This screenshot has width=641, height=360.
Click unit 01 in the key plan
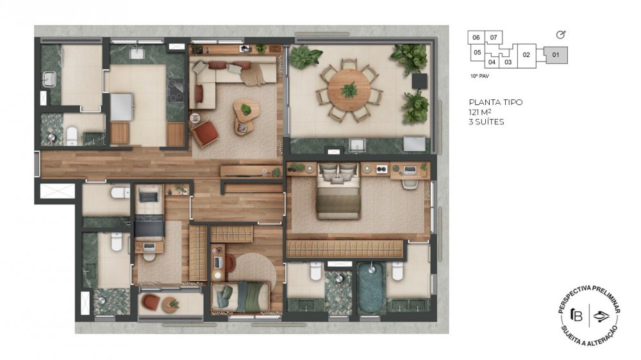point(556,54)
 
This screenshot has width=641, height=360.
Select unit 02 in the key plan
point(526,55)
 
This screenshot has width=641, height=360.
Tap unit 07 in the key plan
point(494,38)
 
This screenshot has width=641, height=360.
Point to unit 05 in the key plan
point(477,53)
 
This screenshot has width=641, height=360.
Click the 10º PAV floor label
point(479,76)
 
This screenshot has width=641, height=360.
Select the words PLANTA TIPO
point(495,102)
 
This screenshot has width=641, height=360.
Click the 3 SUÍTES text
point(487,122)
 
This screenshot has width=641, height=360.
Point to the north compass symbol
point(561,35)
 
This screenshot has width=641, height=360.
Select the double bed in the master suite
point(338,190)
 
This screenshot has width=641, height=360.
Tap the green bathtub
point(370,288)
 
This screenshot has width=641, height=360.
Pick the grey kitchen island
point(121,107)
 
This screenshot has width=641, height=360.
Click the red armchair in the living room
point(205,133)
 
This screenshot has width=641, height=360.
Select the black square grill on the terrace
point(419,81)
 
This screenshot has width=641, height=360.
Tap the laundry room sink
point(49,79)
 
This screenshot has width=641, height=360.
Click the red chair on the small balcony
point(151,302)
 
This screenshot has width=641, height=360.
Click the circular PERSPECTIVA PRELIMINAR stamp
point(588,316)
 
